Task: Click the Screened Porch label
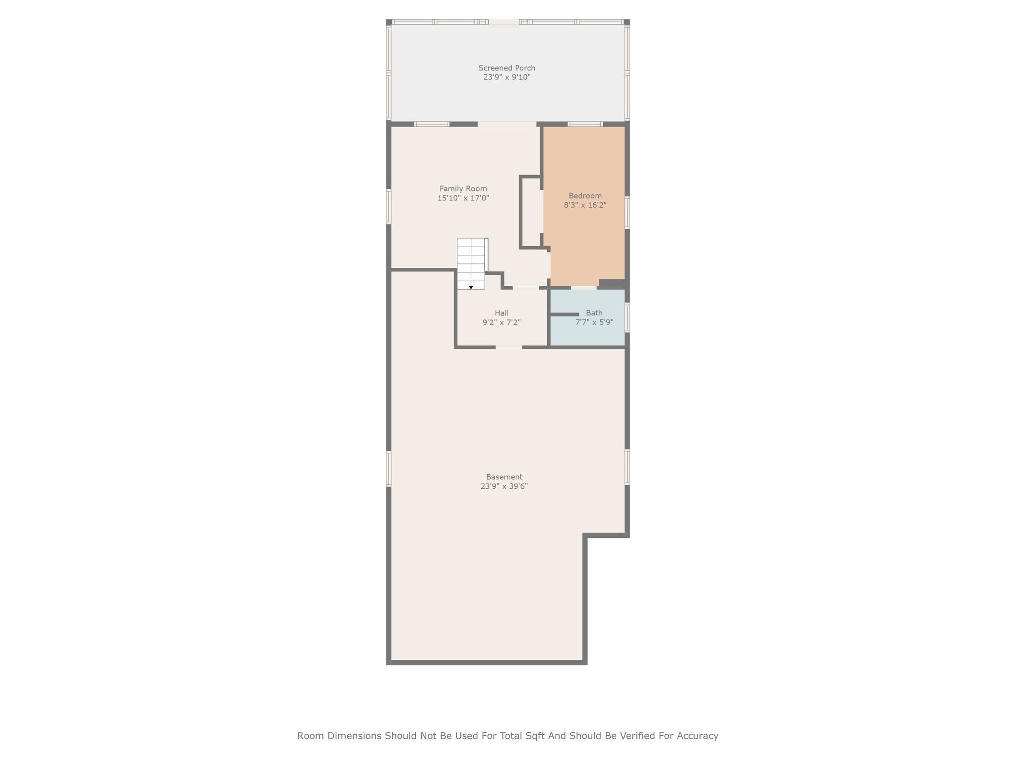pos(507,68)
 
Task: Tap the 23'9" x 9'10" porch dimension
pos(507,77)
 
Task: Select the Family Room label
pos(463,189)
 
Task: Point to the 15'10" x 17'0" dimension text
pos(463,198)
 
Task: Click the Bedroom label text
pos(585,195)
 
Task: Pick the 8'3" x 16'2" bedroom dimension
pos(585,205)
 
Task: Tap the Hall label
pos(501,313)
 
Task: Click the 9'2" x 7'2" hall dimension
pos(501,322)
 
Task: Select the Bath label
pos(594,313)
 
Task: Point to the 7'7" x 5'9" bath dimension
pos(594,322)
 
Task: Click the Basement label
pos(504,477)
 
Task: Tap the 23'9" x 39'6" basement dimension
pos(504,486)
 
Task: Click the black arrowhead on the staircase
pos(471,287)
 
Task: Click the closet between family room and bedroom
pos(531,212)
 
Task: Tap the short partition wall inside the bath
pos(565,315)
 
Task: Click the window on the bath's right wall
pos(627,317)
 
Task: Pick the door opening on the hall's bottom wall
pos(508,347)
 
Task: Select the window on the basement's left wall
pos(389,468)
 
